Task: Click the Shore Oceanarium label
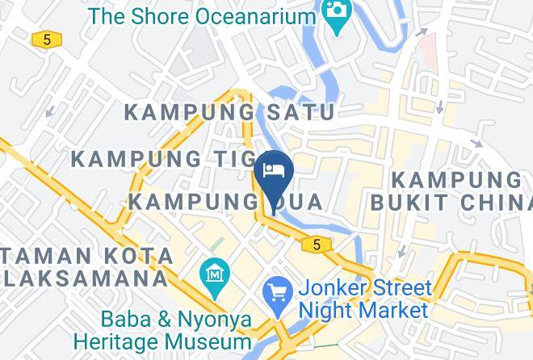tap(201, 15)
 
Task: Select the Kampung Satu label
tap(229, 112)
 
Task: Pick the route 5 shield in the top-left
tap(42, 38)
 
